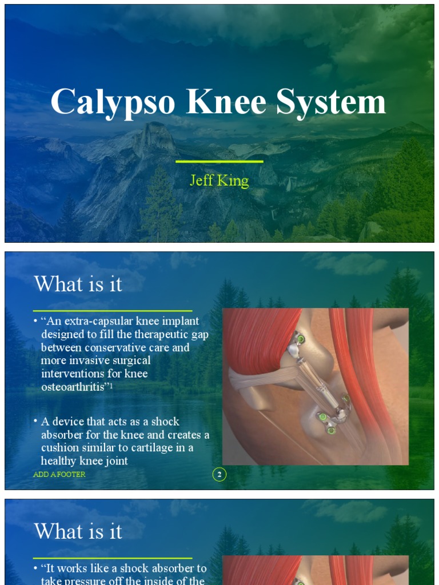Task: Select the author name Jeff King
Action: point(219,181)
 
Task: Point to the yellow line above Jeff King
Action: point(219,162)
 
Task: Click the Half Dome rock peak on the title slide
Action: point(154,137)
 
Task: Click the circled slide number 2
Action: point(219,474)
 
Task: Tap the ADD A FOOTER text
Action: point(59,475)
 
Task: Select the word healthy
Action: point(59,460)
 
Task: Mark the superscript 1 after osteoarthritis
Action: point(119,384)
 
